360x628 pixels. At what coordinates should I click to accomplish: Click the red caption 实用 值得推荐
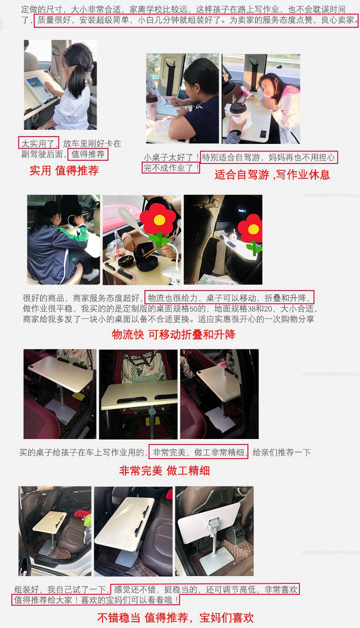(64, 170)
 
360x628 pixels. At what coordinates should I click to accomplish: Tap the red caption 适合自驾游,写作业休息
(272, 175)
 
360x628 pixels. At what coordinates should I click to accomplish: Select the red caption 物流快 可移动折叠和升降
(174, 334)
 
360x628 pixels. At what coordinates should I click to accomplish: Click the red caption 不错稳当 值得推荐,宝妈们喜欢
(175, 618)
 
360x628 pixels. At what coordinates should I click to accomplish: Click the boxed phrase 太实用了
(39, 143)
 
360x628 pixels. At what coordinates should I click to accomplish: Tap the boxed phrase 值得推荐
(88, 154)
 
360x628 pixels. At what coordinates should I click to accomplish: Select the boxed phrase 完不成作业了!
(171, 168)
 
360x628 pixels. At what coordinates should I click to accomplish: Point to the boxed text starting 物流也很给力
(229, 297)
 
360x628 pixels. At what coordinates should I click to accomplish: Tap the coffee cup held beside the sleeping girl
(237, 112)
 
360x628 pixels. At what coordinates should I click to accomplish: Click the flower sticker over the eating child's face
(159, 225)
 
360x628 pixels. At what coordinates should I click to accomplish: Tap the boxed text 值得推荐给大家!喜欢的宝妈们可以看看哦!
(96, 600)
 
